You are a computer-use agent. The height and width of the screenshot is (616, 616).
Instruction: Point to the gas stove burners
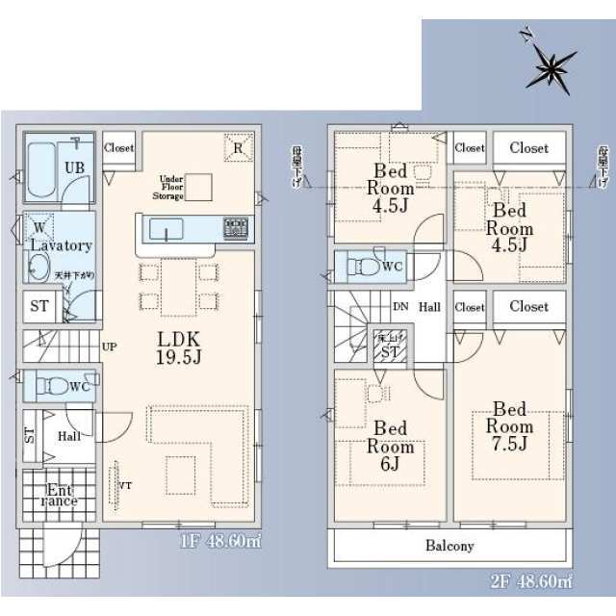tap(235, 229)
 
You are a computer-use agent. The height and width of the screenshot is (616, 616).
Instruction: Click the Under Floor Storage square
tap(198, 186)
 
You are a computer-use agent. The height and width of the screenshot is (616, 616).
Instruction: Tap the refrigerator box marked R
tap(238, 147)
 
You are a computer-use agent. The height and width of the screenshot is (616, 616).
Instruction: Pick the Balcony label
tap(449, 546)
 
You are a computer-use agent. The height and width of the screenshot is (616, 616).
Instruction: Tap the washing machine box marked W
tap(39, 227)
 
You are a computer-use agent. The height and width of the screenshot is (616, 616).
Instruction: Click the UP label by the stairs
tap(110, 346)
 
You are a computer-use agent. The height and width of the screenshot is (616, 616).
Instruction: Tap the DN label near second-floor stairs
tap(399, 308)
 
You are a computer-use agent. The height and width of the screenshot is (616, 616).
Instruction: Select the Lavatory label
tap(60, 245)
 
